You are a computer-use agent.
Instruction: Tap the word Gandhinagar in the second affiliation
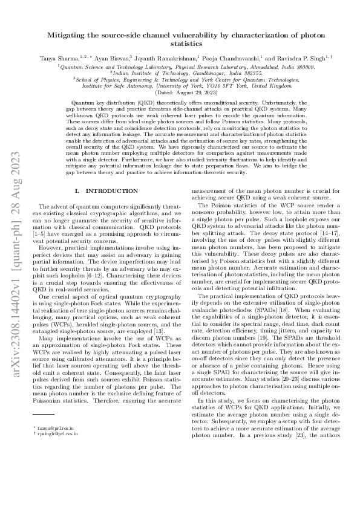click(x=202, y=73)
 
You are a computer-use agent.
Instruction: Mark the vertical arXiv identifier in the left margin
click(x=13, y=254)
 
